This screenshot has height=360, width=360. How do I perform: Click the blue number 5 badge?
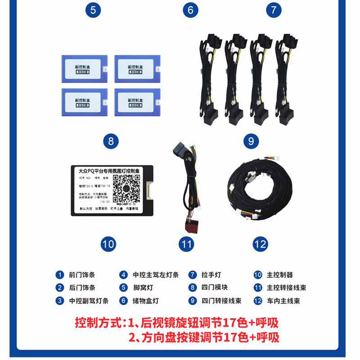[x=92, y=10]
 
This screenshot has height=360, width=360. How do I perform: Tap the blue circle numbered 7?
[x=273, y=10]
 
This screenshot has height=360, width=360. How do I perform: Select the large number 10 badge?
[x=108, y=244]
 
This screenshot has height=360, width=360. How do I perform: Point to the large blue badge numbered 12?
[x=260, y=244]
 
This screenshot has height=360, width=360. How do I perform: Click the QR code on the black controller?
[x=126, y=188]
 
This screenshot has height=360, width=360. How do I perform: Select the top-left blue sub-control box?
[x=85, y=68]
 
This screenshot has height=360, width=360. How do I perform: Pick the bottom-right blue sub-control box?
[x=137, y=102]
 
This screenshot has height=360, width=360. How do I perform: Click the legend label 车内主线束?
[x=283, y=301]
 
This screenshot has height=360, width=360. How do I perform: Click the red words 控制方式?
[x=97, y=323]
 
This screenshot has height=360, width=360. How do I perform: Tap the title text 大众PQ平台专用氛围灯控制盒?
[x=110, y=171]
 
